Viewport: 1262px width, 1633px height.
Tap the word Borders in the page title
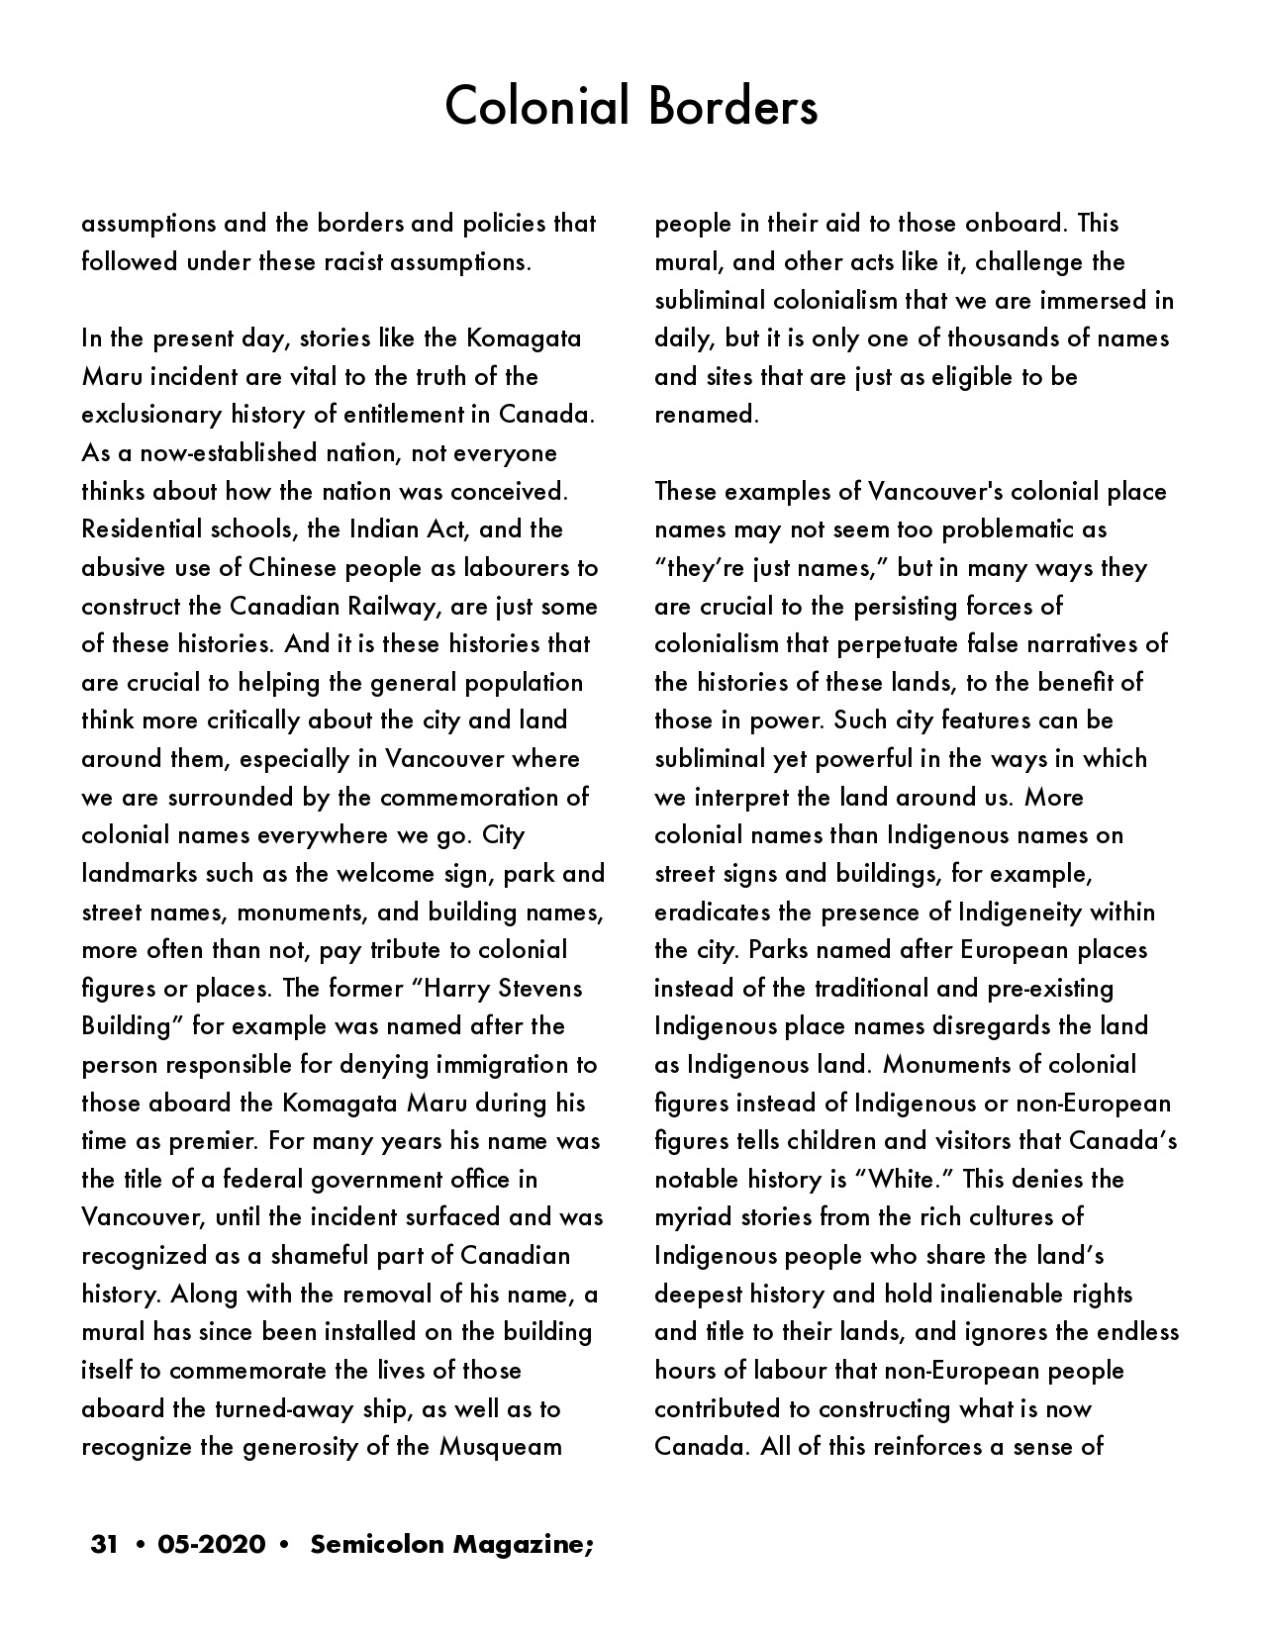tap(733, 107)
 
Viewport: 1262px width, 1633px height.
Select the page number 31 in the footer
tap(105, 1544)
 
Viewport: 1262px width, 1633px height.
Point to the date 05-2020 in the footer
tap(211, 1544)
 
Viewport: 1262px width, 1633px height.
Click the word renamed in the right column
tap(706, 415)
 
